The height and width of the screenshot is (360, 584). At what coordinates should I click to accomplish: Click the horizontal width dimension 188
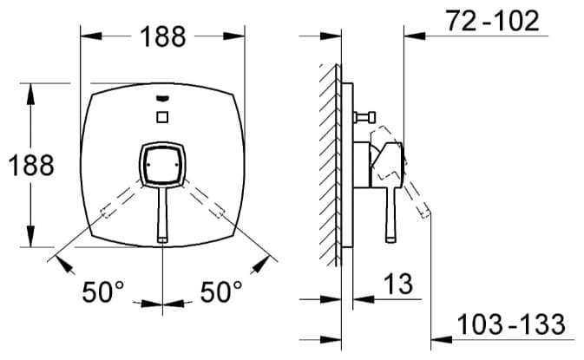(x=163, y=36)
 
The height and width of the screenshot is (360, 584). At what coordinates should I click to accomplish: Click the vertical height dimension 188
(x=31, y=166)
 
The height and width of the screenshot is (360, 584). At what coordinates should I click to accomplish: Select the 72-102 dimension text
(x=492, y=21)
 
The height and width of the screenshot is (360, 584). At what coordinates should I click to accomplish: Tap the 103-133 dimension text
(x=510, y=324)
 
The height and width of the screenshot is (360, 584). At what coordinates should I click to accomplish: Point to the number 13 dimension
(x=397, y=284)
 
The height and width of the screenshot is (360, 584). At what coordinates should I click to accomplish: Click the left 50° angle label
(x=103, y=291)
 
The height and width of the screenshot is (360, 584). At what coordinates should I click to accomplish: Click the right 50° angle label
(x=221, y=291)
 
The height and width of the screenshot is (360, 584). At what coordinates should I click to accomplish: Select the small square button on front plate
(x=162, y=117)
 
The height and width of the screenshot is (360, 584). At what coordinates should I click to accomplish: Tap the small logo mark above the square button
(x=163, y=98)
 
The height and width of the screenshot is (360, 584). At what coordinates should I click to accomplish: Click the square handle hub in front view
(x=162, y=164)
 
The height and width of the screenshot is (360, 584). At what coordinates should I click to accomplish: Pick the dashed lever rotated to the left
(x=121, y=200)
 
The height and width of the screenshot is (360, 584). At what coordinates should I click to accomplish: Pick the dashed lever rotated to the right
(x=203, y=199)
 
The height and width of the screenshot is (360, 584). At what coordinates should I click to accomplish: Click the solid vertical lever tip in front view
(x=162, y=239)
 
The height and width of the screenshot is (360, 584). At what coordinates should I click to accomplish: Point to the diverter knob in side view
(x=365, y=118)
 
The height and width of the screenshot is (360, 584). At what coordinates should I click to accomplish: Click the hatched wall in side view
(x=330, y=165)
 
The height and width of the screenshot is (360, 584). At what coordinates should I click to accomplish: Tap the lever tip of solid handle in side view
(x=390, y=239)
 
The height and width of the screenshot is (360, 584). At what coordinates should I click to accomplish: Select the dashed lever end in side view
(x=425, y=213)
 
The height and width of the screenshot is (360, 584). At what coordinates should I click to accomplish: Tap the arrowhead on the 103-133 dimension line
(x=442, y=339)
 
